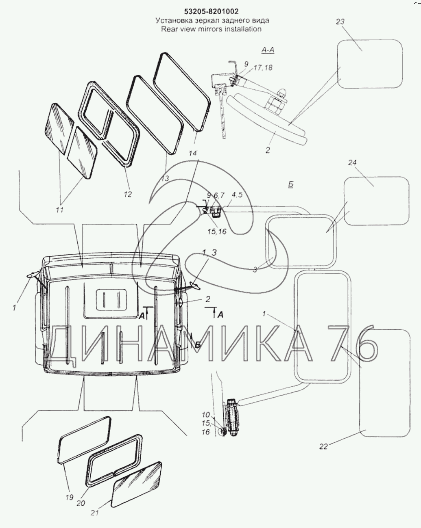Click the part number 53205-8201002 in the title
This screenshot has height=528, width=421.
(x=212, y=11)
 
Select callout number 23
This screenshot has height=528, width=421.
(x=340, y=22)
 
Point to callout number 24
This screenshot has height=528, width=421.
(x=352, y=163)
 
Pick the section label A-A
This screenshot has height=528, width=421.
(x=268, y=50)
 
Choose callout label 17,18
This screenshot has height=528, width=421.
(x=263, y=68)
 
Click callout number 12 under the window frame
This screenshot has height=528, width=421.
(x=128, y=194)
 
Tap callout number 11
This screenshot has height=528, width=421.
(x=59, y=210)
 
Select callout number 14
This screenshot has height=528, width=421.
(x=193, y=154)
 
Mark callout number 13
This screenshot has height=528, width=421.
(x=165, y=178)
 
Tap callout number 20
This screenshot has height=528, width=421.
(x=81, y=509)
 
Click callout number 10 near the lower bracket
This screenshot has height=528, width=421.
(x=206, y=415)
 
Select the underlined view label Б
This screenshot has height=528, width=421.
(x=291, y=185)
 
